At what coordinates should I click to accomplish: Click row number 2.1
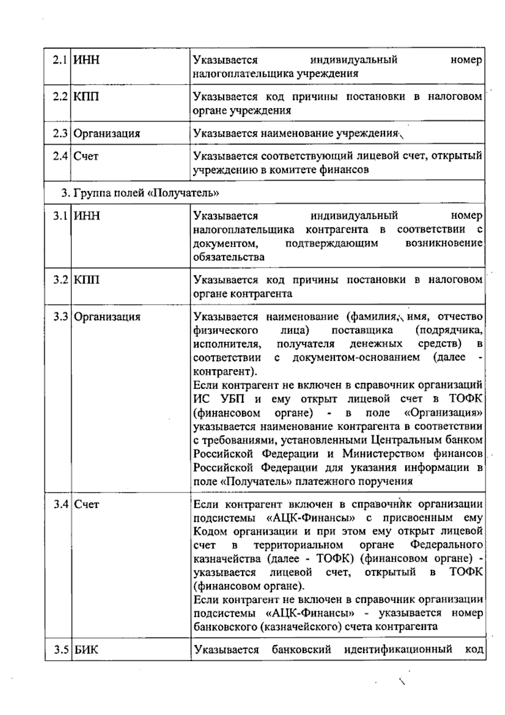point(60,60)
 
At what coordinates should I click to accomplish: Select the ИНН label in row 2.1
point(87,60)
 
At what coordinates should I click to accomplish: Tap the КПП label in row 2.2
point(87,97)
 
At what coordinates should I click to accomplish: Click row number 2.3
point(60,133)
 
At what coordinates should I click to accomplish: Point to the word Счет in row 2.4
point(86,156)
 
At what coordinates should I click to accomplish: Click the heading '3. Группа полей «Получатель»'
point(140,193)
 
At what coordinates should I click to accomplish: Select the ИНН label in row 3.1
point(87,216)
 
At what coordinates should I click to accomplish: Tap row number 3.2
point(60,280)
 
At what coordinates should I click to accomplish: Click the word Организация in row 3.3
point(107,317)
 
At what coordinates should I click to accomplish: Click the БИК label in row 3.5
point(86,650)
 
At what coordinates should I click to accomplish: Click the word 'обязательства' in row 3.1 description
point(229,257)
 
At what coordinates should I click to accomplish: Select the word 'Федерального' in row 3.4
point(446,545)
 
